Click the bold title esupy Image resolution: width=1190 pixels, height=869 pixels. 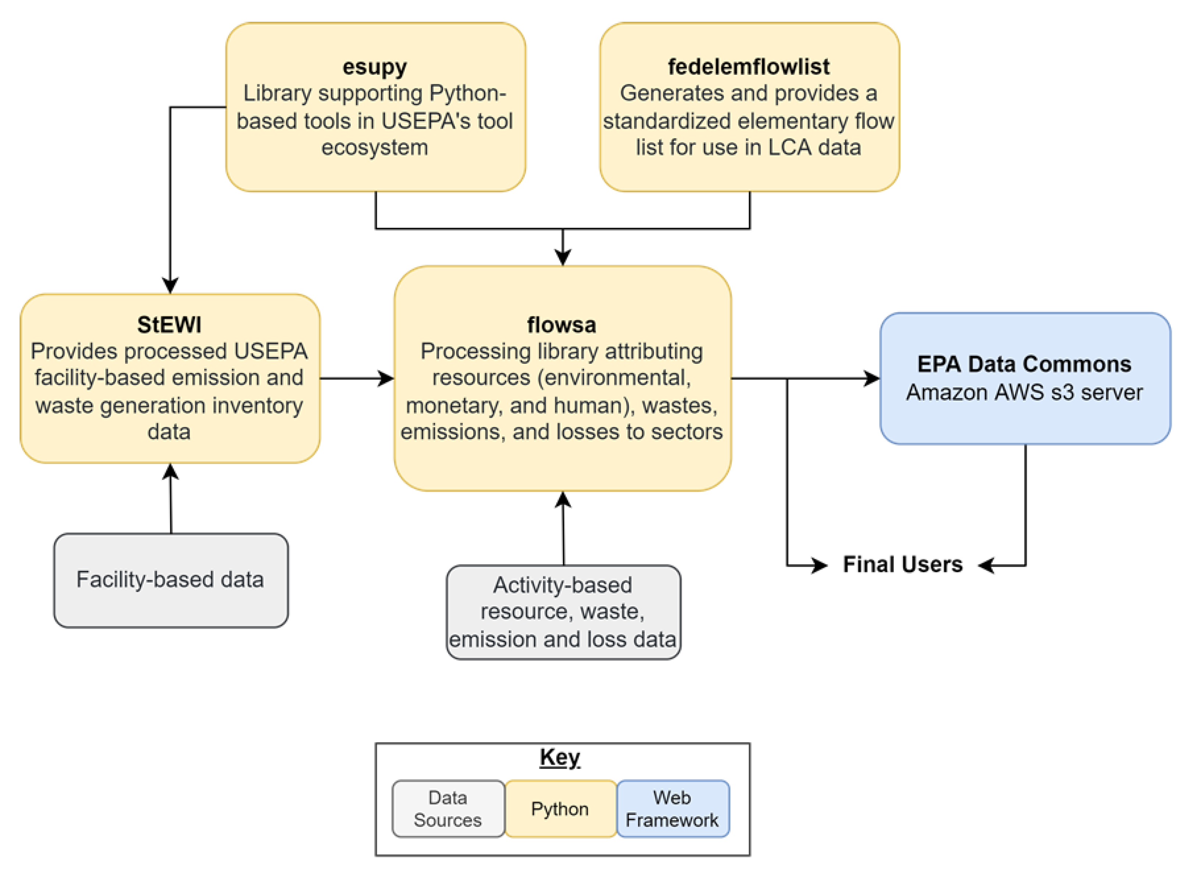tap(375, 67)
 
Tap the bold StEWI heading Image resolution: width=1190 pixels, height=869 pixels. tap(169, 324)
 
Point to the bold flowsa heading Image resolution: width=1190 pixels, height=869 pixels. tap(562, 324)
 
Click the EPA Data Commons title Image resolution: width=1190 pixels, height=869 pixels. tap(1024, 364)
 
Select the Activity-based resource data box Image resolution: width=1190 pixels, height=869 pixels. tap(563, 612)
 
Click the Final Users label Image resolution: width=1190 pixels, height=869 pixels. tap(903, 564)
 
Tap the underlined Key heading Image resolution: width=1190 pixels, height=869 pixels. tap(560, 757)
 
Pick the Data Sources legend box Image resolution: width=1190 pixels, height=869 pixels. tap(448, 809)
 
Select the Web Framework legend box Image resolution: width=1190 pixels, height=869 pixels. tap(672, 809)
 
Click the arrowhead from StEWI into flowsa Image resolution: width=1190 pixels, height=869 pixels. tap(387, 378)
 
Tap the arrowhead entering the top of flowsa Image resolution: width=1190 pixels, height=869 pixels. tap(563, 258)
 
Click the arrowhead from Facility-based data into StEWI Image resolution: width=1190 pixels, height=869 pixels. tap(170, 472)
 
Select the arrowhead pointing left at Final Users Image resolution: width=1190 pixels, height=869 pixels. tap(986, 566)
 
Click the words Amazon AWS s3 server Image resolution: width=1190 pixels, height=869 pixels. tap(1024, 393)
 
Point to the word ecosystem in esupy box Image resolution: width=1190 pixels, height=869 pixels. tap(375, 147)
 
